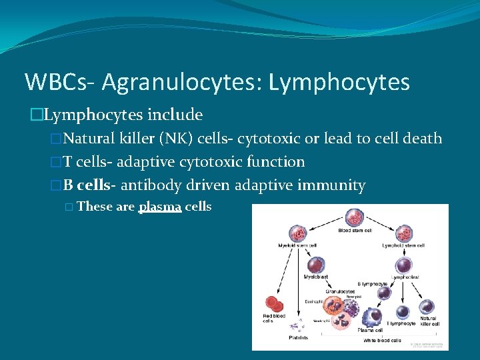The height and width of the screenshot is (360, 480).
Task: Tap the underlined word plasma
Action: [160, 207]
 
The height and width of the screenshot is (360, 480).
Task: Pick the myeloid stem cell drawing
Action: [295, 234]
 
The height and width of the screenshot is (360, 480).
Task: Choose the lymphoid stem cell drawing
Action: [405, 234]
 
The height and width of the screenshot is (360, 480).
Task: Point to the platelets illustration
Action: [294, 326]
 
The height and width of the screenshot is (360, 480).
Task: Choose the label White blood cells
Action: [382, 340]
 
